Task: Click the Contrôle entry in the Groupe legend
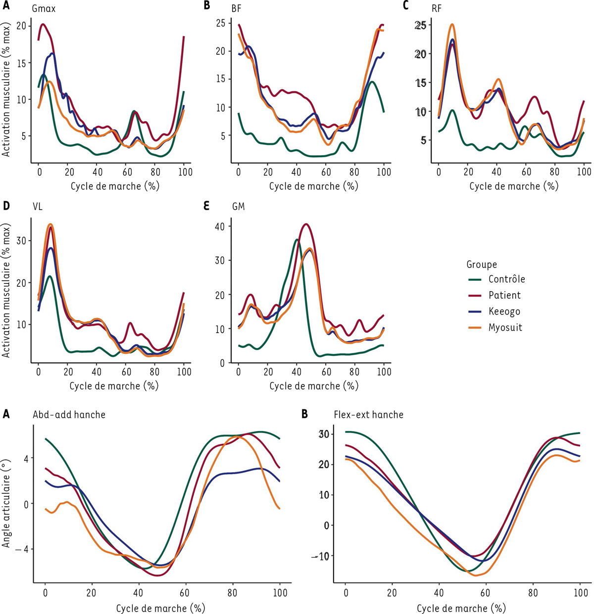click(x=506, y=279)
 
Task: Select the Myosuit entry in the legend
click(x=505, y=327)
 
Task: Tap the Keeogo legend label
click(x=504, y=311)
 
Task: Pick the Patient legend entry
click(x=504, y=295)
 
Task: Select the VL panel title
click(x=37, y=206)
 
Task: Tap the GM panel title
click(x=238, y=206)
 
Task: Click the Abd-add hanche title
click(x=69, y=414)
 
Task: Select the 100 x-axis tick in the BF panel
click(x=383, y=172)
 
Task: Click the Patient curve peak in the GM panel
click(x=306, y=224)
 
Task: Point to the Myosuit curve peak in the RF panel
click(x=452, y=24)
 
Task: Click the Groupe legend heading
click(x=481, y=264)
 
